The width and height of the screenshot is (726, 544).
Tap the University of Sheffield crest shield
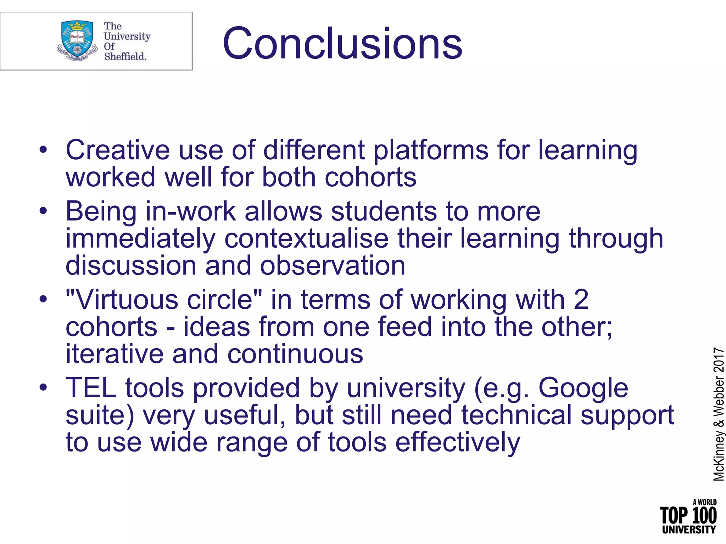[x=77, y=38]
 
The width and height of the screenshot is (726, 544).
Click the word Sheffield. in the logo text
[x=125, y=56]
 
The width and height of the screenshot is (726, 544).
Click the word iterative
[x=114, y=354]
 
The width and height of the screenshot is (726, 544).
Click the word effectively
[x=457, y=443]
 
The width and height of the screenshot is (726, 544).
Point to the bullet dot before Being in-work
[x=43, y=211]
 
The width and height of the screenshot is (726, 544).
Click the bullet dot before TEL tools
[x=43, y=387]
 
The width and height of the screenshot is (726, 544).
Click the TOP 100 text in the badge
[x=688, y=516]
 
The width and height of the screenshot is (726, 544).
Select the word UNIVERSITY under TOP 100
[x=689, y=530]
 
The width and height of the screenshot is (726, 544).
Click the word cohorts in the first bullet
[x=370, y=177]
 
